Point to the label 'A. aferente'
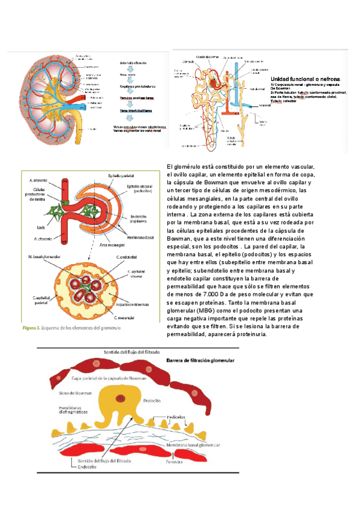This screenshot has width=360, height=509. (x=39, y=179)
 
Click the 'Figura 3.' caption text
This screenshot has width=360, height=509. (x=31, y=328)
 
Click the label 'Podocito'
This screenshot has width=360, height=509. (x=149, y=399)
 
